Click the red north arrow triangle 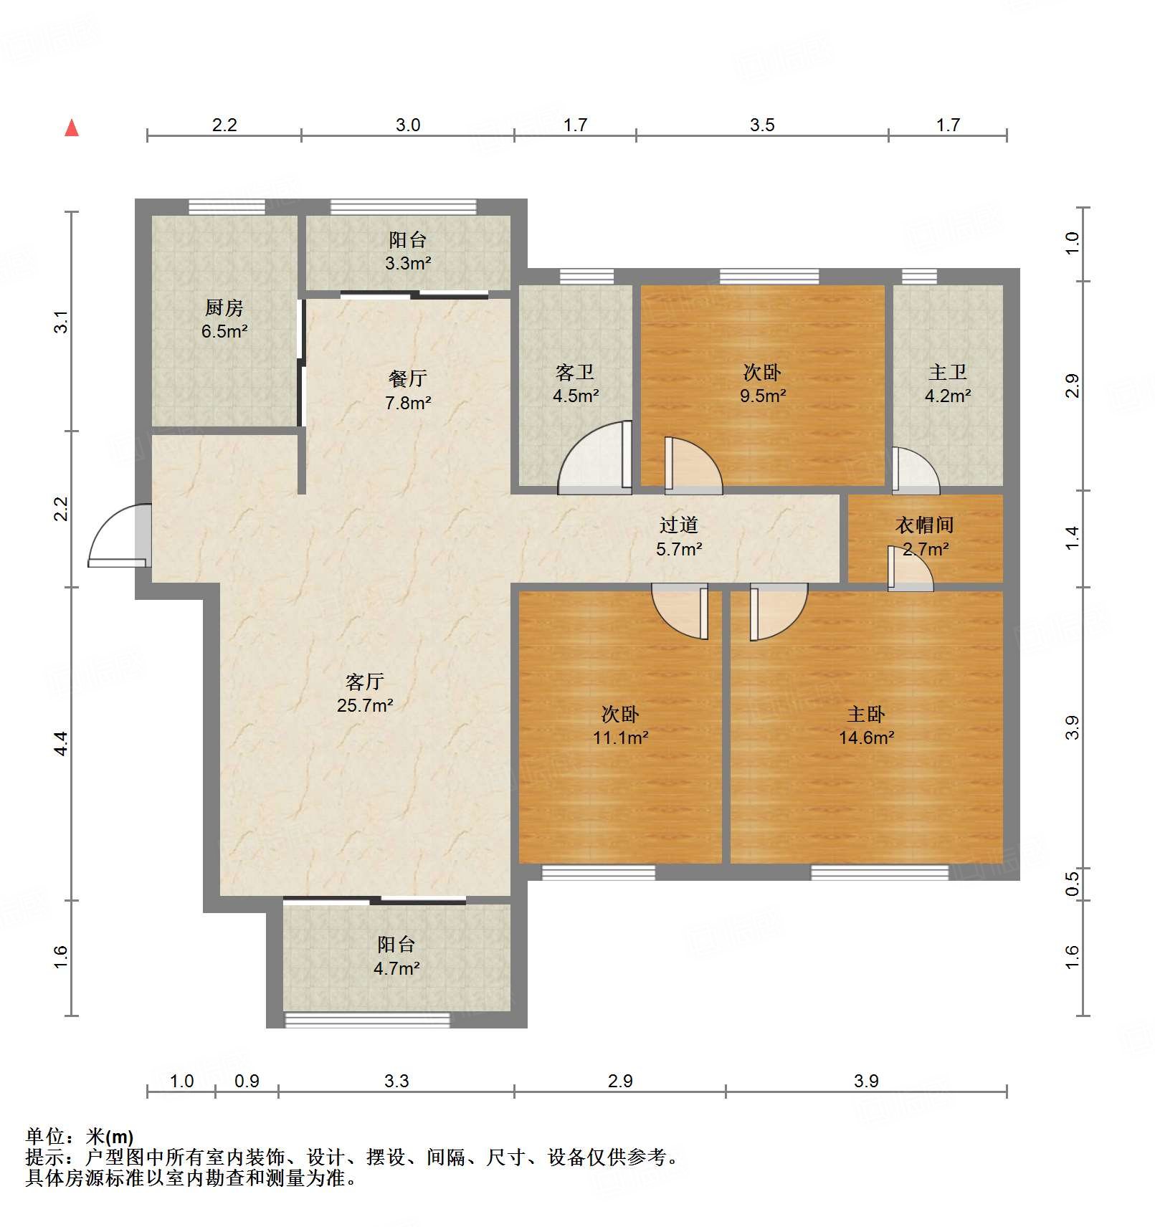(x=72, y=128)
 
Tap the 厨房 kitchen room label (x=224, y=308)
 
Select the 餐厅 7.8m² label (x=408, y=391)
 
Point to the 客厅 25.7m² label (x=365, y=693)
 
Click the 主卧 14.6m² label (x=866, y=725)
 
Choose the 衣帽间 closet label (x=925, y=525)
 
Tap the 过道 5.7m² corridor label (x=679, y=537)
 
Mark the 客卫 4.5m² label (x=575, y=383)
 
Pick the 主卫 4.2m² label (x=948, y=383)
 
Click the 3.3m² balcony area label (x=408, y=263)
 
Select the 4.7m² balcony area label (x=396, y=968)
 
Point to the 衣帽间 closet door (x=911, y=568)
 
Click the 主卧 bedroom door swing (x=779, y=612)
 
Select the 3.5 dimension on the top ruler (x=762, y=125)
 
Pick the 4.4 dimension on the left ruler (x=62, y=743)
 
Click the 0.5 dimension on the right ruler (x=1072, y=883)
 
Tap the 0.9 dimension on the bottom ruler (x=247, y=1081)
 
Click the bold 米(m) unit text (x=110, y=1137)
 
